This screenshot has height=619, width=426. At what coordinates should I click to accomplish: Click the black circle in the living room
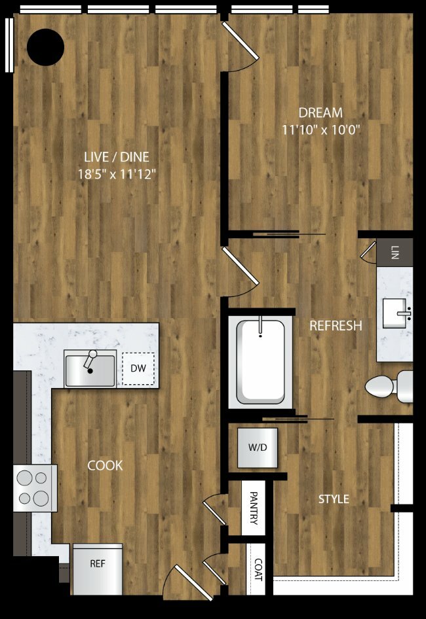click(x=45, y=47)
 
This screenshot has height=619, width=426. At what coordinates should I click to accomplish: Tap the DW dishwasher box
click(x=138, y=368)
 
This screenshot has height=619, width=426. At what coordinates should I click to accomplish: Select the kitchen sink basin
click(x=90, y=370)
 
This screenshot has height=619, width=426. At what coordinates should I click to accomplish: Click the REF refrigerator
click(x=97, y=569)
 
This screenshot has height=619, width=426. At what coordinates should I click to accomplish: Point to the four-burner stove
click(x=35, y=488)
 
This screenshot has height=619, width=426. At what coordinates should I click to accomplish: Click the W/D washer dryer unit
click(x=258, y=448)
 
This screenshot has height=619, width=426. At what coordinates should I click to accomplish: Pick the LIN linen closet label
click(x=395, y=253)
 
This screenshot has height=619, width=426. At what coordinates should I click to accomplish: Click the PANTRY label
click(x=254, y=508)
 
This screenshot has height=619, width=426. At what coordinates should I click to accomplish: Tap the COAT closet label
click(x=258, y=569)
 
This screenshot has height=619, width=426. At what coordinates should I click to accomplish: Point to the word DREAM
click(x=320, y=113)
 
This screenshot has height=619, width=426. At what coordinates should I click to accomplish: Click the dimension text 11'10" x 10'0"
click(x=320, y=130)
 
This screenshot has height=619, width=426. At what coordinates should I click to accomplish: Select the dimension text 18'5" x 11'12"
click(x=117, y=174)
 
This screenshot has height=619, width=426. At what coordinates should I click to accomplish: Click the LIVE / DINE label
click(x=117, y=157)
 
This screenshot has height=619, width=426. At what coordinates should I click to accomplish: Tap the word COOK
click(x=105, y=466)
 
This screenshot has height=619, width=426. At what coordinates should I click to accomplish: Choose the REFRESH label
click(x=336, y=326)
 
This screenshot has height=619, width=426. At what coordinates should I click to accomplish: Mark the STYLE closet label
click(x=334, y=499)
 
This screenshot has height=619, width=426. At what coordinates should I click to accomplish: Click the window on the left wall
click(x=9, y=46)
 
